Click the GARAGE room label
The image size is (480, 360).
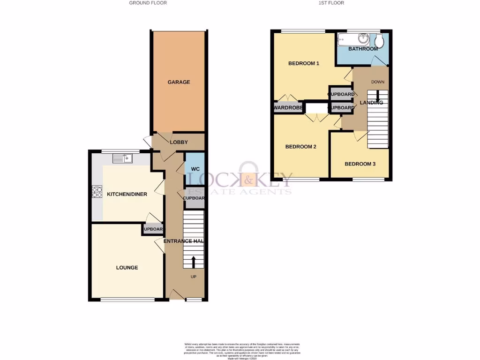pos(179,82)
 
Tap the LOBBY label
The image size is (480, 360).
pos(179,142)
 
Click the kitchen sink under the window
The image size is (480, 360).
pos(123,159)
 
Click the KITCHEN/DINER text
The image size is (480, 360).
pos(127,194)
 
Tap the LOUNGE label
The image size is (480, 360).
pos(127,268)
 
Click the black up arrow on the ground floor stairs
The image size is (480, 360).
pos(193,261)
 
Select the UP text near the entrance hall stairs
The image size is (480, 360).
pos(193,277)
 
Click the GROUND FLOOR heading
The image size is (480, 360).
pos(148,3)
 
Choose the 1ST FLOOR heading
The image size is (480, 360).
pos(331,3)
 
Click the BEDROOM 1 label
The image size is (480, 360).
pos(304,63)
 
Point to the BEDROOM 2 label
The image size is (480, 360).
pos(301,147)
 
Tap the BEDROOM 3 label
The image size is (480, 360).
pos(360,164)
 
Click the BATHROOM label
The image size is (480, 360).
pos(363,49)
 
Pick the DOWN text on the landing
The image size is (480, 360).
pos(378,82)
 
